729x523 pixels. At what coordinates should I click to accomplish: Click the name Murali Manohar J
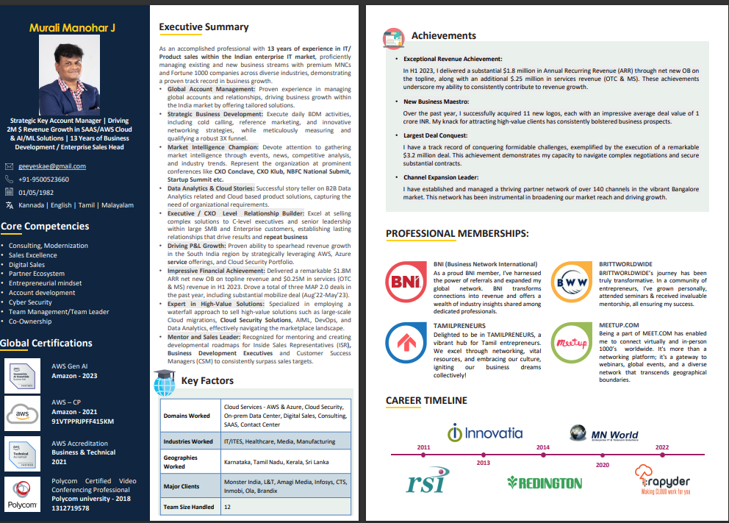72,27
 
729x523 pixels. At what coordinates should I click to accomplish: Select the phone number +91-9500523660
44,179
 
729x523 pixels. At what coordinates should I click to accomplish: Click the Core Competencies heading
46,227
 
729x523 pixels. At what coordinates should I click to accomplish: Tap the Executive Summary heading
204,27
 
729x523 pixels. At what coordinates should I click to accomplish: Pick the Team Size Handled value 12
227,507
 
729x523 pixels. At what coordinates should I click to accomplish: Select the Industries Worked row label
188,441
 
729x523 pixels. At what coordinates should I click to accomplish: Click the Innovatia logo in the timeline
485,433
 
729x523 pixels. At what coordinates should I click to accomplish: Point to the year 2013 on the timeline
483,463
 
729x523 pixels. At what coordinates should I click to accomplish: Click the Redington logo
545,483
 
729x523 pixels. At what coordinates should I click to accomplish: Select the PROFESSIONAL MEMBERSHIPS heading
457,234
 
